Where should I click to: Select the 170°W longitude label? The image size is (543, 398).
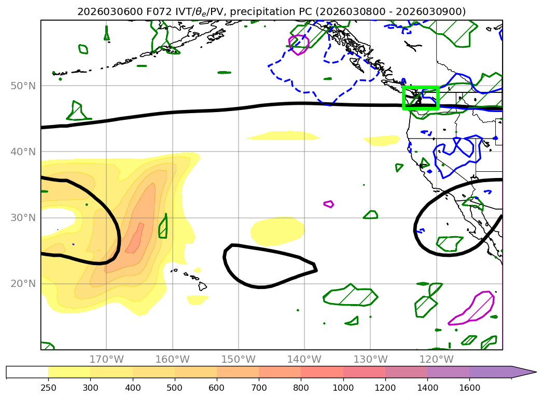coord(106,359)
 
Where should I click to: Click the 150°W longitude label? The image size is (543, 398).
coord(239,359)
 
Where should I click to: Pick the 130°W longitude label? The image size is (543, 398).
coord(370,359)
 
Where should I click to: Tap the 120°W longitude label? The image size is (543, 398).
coord(436,359)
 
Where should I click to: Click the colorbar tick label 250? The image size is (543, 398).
coord(48,387)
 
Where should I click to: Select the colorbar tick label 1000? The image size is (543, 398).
coord(343,387)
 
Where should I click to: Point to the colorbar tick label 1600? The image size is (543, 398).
coord(469,387)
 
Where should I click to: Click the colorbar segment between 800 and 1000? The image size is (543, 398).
coord(322,372)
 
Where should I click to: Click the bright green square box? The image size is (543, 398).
coord(421,98)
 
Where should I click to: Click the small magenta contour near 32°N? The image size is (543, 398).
coord(328,203)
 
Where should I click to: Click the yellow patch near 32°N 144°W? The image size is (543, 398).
coord(277,230)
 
